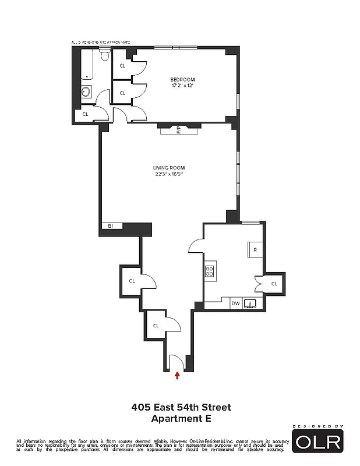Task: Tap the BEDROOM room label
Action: click(182, 79)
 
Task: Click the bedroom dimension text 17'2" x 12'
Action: click(182, 86)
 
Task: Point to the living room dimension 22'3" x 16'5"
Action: click(169, 174)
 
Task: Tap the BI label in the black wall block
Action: click(110, 226)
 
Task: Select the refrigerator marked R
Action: click(255, 250)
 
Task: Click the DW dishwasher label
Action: click(235, 303)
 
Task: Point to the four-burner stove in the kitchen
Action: click(210, 271)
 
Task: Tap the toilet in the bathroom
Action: click(105, 57)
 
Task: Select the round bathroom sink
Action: click(86, 92)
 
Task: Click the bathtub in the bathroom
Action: click(86, 64)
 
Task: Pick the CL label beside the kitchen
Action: click(274, 284)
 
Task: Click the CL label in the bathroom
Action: click(85, 114)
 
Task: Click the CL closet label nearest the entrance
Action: click(156, 326)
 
